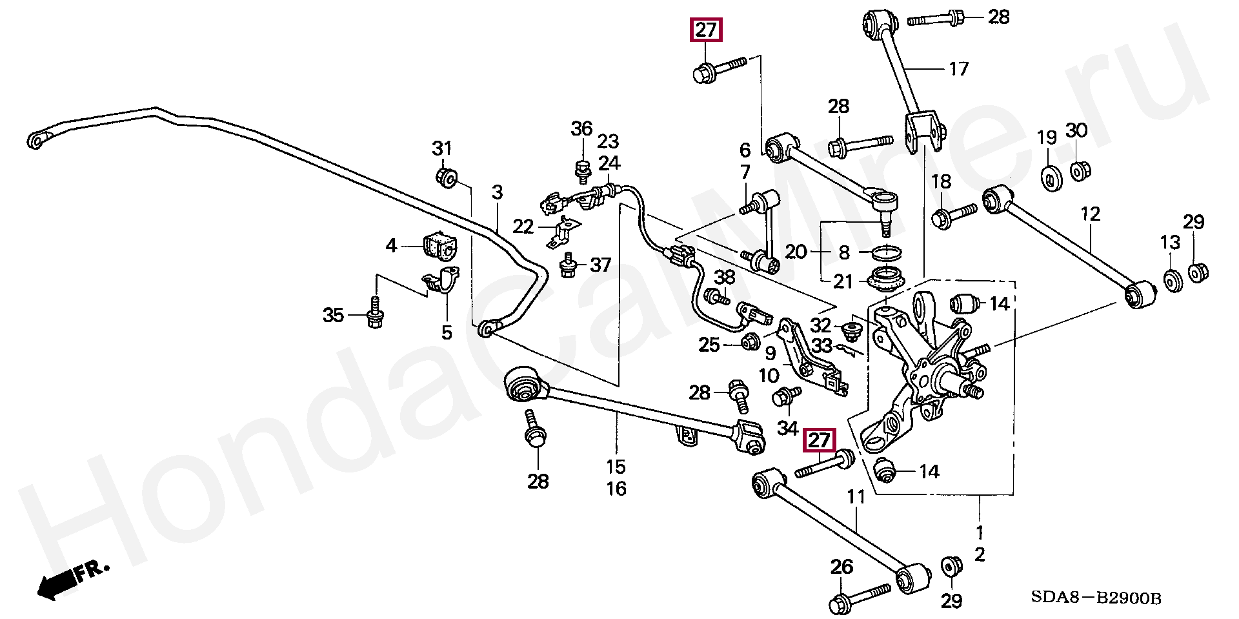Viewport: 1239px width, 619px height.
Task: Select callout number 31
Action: coord(442,149)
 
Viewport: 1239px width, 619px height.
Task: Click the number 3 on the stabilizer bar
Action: coord(497,192)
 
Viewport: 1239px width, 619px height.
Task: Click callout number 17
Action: coord(958,68)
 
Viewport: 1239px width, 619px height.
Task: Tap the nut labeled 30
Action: coord(1077,172)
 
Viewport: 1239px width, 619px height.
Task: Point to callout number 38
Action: coord(725,278)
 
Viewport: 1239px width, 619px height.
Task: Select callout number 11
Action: coord(856,497)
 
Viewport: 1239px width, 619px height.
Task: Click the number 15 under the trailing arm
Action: coord(616,466)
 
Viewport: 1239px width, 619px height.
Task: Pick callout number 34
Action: coord(787,427)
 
